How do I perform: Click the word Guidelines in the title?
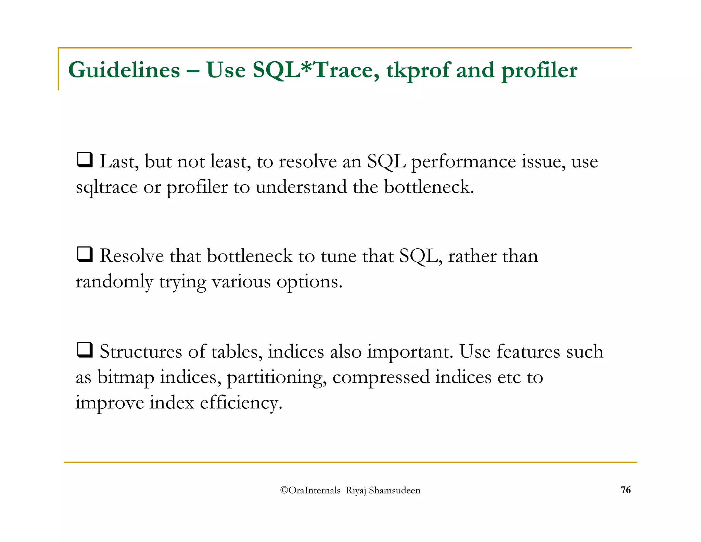click(124, 70)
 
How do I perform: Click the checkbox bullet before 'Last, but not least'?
click(84, 160)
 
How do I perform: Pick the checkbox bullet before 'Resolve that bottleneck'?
click(84, 255)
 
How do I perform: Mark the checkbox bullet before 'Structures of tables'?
click(84, 350)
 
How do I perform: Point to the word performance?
click(463, 162)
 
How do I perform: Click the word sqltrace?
click(106, 187)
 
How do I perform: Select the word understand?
click(301, 187)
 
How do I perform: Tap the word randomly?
click(114, 282)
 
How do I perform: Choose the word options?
click(309, 282)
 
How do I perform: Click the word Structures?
click(141, 352)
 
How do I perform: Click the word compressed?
click(381, 377)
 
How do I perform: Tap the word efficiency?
click(241, 403)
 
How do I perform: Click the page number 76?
click(626, 490)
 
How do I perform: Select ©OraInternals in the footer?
click(310, 491)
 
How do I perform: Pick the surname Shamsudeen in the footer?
click(394, 491)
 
